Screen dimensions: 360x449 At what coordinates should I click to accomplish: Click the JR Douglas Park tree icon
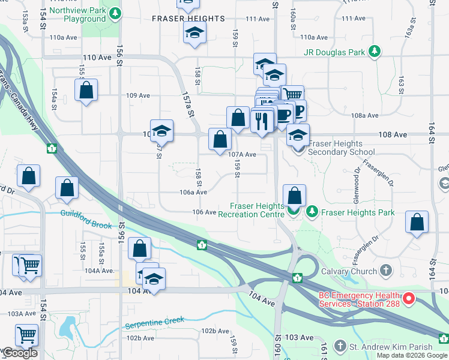pos(375,52)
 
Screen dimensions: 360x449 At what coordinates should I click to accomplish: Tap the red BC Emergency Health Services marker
pos(409,298)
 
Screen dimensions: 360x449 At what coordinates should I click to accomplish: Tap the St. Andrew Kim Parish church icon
pos(340,346)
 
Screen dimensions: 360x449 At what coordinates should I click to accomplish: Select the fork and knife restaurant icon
pos(261,121)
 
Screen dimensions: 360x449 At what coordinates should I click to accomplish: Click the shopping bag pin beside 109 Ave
pos(86,91)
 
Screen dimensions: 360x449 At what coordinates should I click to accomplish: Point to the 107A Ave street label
pos(243,155)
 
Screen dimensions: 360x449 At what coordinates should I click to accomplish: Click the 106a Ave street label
pos(193,192)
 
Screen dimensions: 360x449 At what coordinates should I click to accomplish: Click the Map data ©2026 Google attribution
pos(412,355)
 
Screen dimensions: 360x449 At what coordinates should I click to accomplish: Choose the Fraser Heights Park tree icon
pos(312,212)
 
